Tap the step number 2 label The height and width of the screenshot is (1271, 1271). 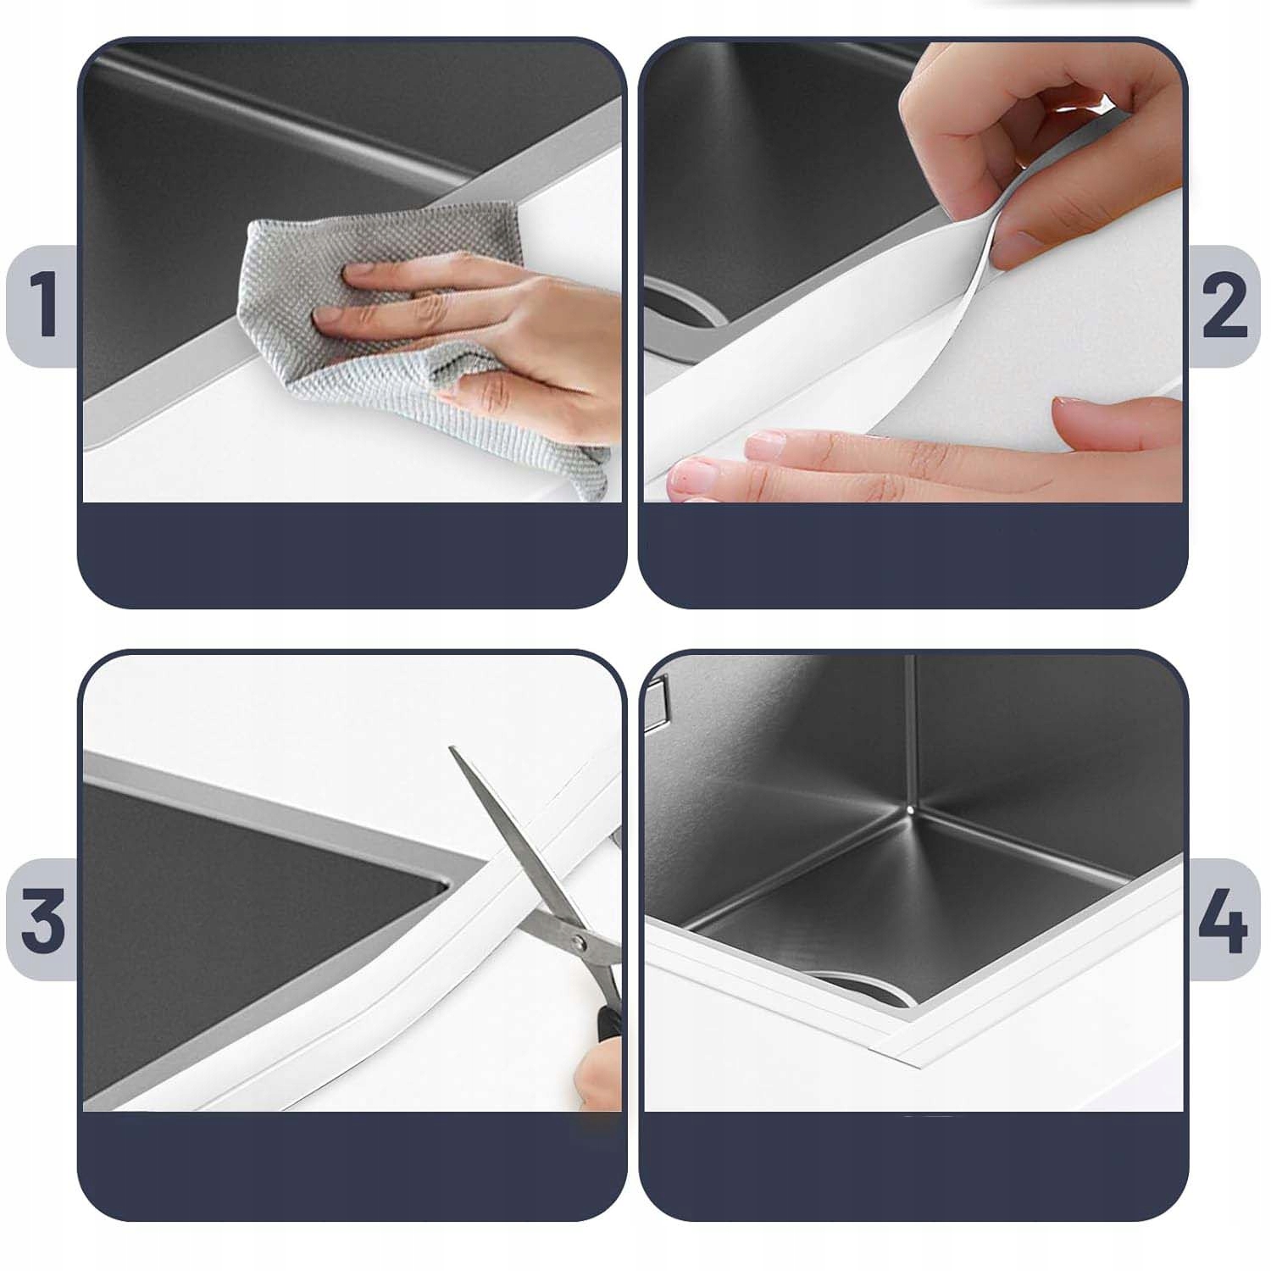[1224, 305]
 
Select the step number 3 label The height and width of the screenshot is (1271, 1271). [42, 919]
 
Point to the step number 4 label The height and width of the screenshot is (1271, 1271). [1222, 919]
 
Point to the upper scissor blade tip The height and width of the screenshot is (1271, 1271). [452, 748]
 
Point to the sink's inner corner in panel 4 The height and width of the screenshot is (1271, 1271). [909, 810]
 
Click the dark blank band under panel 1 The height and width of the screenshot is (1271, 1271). [352, 555]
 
